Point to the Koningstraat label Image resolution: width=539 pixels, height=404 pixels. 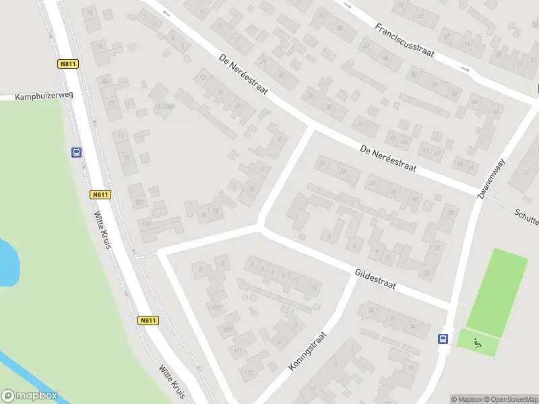307,351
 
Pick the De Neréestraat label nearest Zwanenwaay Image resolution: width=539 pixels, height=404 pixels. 387,159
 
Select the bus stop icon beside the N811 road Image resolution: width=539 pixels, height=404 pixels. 76,152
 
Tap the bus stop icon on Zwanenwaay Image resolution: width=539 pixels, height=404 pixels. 443,339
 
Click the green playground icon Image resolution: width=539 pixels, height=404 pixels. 478,343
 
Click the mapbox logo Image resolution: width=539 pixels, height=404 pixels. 29,396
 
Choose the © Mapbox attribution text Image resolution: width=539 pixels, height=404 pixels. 466,399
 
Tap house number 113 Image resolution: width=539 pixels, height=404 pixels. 249,372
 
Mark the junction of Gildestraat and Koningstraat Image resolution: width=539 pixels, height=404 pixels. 352,275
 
